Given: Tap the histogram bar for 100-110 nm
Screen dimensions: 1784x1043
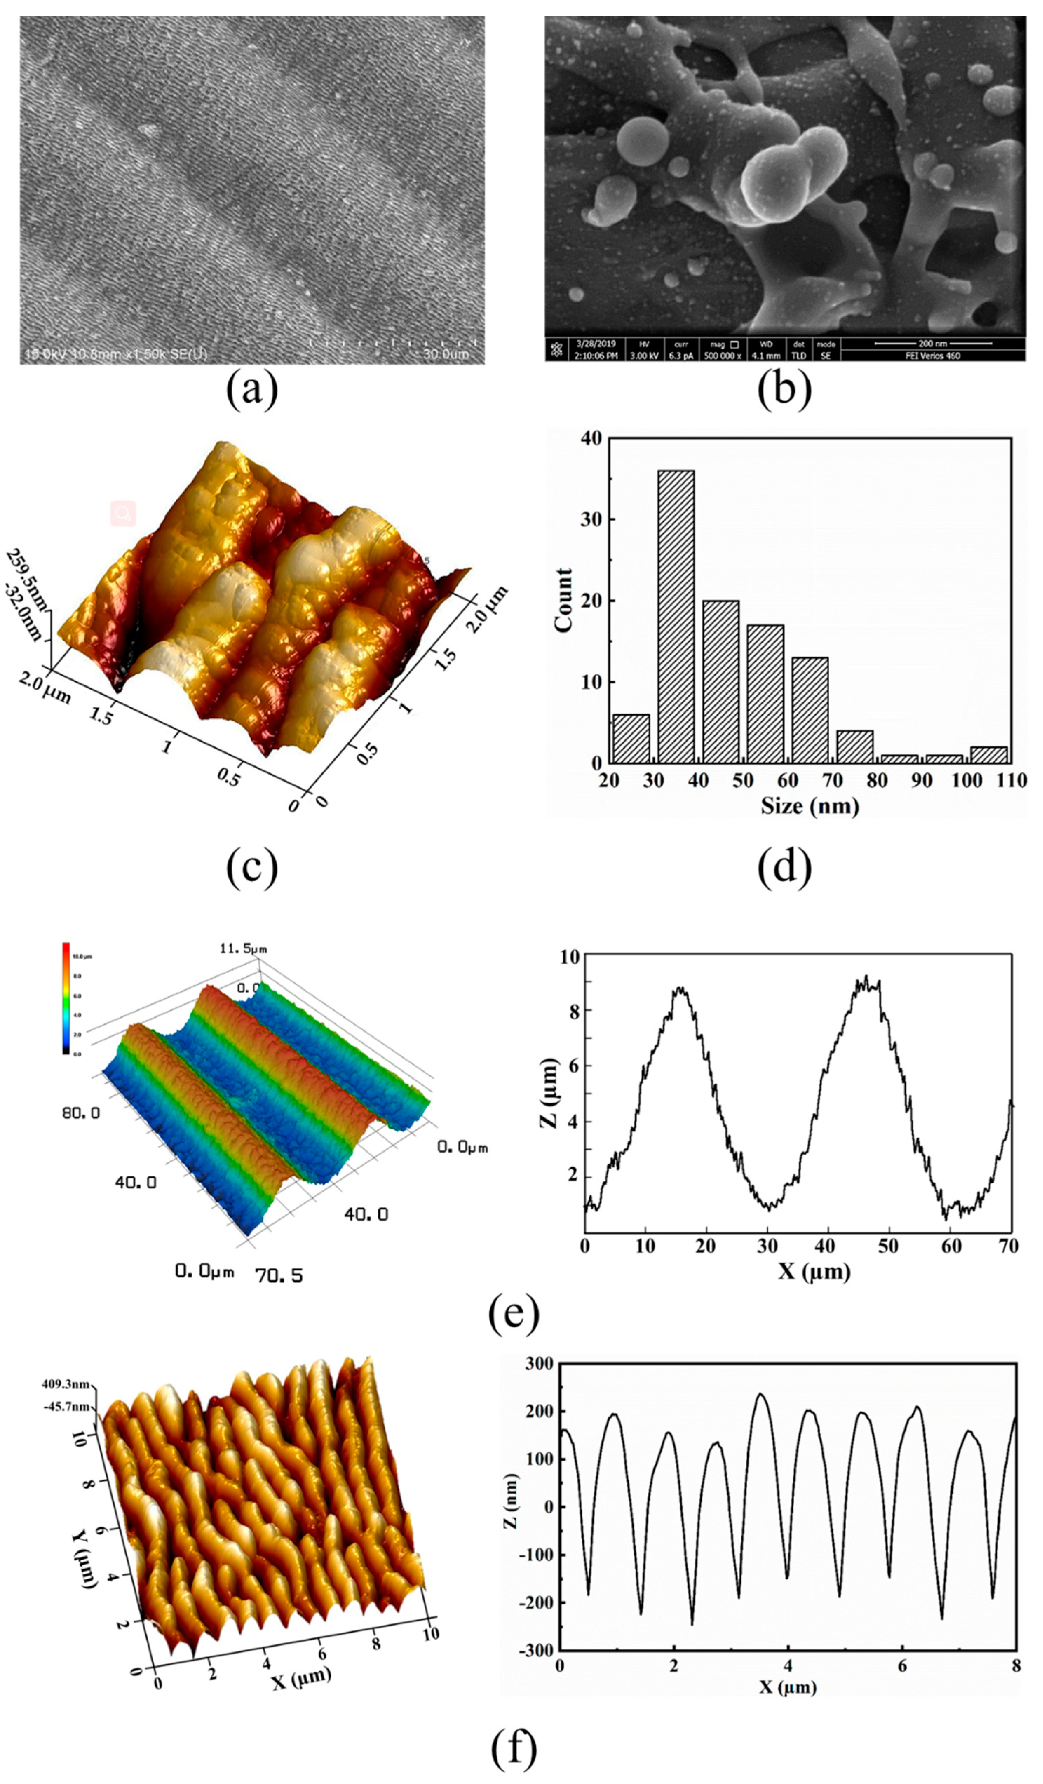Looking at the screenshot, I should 988,755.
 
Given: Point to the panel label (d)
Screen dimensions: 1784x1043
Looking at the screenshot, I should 784,869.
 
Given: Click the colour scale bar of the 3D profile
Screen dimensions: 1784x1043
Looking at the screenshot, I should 66,998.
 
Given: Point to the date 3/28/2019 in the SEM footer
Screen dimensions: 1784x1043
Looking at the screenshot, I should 596,343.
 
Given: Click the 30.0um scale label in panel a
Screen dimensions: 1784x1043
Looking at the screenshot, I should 445,353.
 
